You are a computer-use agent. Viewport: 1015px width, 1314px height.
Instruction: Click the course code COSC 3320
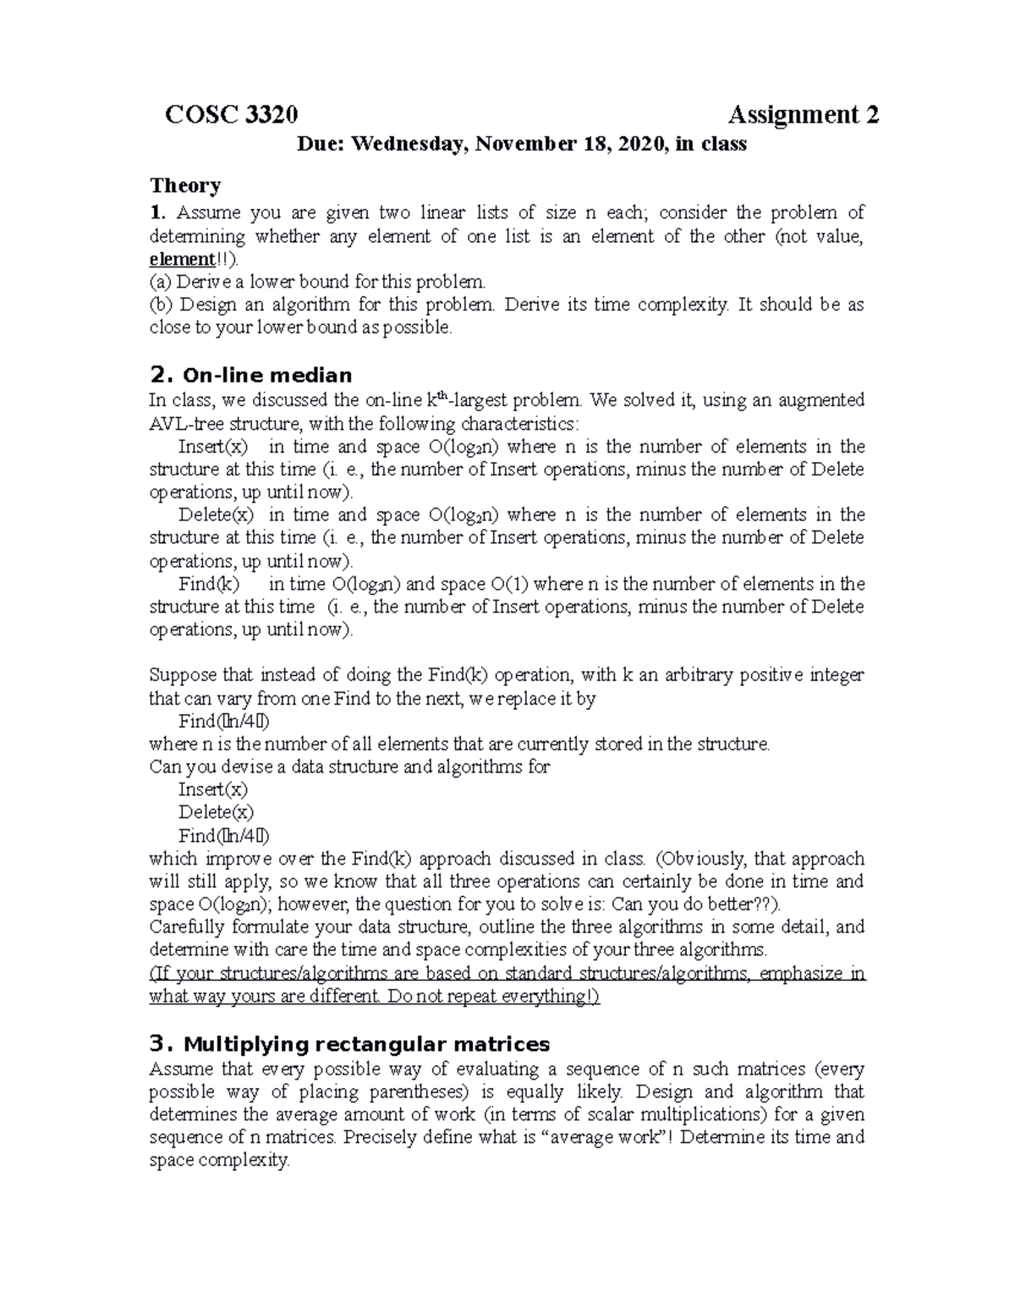[231, 114]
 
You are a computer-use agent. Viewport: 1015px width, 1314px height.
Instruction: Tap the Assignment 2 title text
[804, 114]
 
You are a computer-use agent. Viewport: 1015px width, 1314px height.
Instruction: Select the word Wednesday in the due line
[409, 144]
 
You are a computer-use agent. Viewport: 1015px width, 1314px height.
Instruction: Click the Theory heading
[185, 185]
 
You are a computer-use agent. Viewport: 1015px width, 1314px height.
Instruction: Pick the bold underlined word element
[181, 259]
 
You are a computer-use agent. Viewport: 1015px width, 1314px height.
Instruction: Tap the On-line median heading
[266, 375]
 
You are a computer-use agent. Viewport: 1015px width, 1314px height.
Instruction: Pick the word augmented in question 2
[822, 399]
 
